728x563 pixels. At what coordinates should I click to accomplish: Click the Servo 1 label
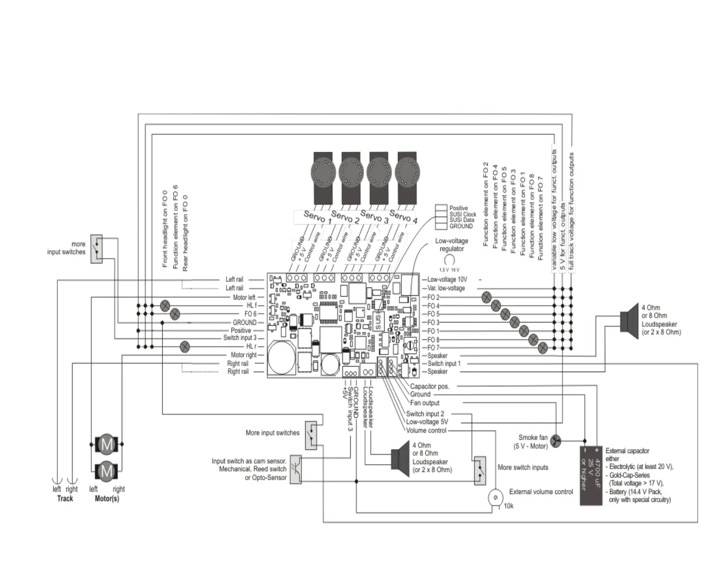(317, 217)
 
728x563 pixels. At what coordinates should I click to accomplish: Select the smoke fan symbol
(556, 442)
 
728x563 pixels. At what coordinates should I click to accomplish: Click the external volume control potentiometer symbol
(495, 498)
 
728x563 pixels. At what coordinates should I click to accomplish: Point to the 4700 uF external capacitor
(591, 476)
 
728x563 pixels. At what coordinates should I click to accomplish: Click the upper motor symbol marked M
(107, 444)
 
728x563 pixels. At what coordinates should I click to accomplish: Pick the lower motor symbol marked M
(107, 471)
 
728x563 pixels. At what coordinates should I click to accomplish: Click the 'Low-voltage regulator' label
(451, 245)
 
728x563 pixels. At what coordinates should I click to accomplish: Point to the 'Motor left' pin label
(244, 297)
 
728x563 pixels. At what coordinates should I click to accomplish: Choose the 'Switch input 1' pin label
(444, 363)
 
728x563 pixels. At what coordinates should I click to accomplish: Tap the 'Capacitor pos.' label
(429, 386)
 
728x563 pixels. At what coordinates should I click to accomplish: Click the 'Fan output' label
(425, 403)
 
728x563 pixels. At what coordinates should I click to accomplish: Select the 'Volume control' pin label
(426, 431)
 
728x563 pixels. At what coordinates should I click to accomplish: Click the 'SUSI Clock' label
(463, 214)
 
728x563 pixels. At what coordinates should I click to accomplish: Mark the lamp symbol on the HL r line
(185, 346)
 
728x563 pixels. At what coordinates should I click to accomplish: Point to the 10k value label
(508, 506)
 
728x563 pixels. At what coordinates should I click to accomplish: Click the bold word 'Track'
(65, 499)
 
